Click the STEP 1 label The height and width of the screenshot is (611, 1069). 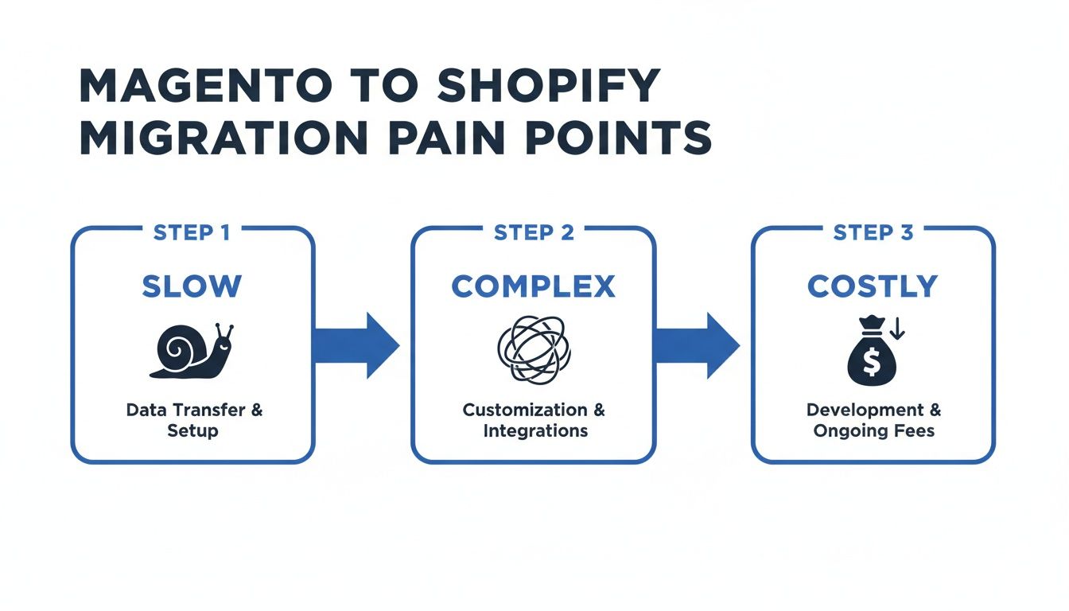(192, 233)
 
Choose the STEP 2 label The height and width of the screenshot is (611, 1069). (533, 233)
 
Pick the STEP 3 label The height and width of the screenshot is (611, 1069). (873, 233)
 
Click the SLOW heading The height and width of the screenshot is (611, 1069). (192, 286)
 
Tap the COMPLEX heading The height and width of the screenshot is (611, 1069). (533, 286)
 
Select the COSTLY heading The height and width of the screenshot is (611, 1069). (873, 286)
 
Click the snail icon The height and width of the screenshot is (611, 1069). (191, 351)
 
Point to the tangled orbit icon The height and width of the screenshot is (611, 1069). (532, 349)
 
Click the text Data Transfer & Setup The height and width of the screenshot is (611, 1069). (193, 420)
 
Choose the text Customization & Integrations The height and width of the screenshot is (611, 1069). (533, 420)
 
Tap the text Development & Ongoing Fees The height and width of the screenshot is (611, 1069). (873, 420)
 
